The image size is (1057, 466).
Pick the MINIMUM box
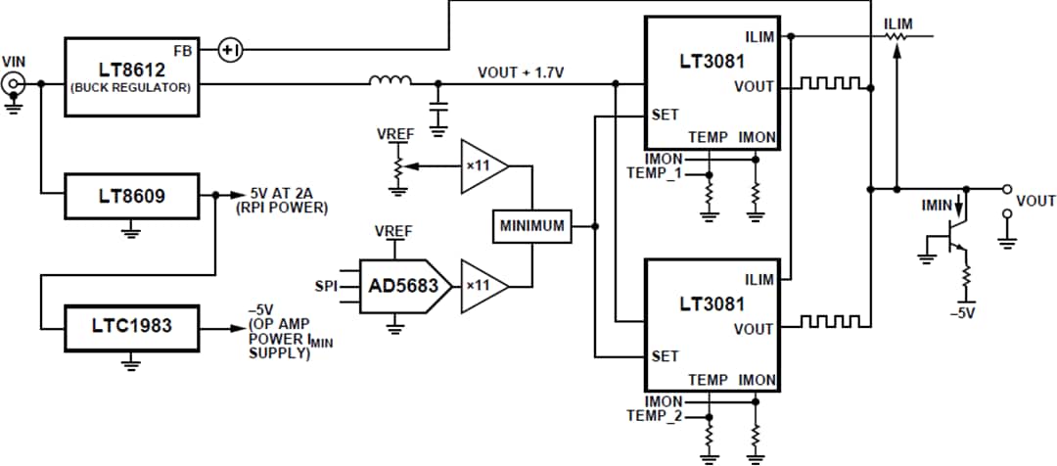click(532, 226)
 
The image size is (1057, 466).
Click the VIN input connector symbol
click(15, 85)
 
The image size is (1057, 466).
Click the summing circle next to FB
click(228, 49)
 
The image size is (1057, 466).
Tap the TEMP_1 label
click(653, 173)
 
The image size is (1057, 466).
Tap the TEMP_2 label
click(653, 416)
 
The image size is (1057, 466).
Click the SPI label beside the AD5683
click(326, 287)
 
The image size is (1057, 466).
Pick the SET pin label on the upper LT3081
click(666, 115)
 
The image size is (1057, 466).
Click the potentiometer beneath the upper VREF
click(396, 166)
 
